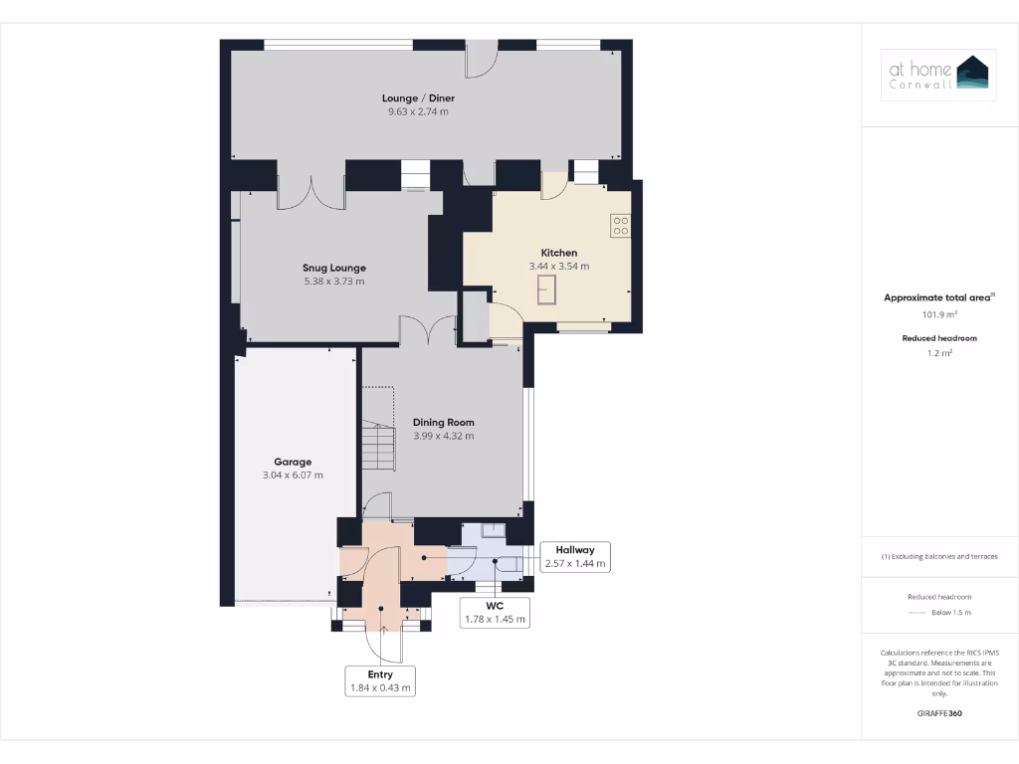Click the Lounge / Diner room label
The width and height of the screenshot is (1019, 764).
[x=418, y=98]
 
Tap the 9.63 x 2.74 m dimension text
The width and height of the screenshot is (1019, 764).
[x=418, y=112]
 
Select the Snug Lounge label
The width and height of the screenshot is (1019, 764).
[x=334, y=268]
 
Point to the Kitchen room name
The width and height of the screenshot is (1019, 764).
[x=559, y=253]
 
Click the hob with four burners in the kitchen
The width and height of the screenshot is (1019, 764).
[x=621, y=226]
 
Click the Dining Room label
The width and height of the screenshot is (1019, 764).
[x=444, y=422]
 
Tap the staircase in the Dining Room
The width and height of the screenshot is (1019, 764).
[x=378, y=445]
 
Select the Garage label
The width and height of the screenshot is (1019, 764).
[x=293, y=462]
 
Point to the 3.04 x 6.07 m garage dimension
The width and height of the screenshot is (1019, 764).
[x=293, y=476]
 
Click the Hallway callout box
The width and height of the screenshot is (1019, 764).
[x=575, y=557]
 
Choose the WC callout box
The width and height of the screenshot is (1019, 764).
[x=495, y=612]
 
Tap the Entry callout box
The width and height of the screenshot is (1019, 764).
[x=380, y=680]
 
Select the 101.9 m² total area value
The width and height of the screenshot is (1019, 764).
[x=939, y=314]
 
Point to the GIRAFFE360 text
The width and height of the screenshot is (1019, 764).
[x=939, y=713]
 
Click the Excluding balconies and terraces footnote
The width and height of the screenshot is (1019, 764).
[x=939, y=556]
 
